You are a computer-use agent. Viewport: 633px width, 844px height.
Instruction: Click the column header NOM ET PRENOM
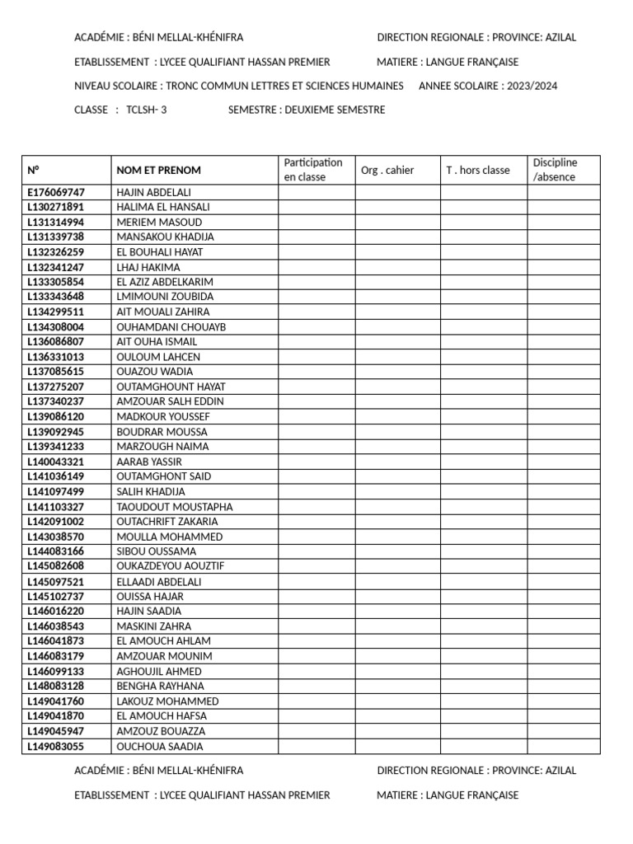click(x=158, y=171)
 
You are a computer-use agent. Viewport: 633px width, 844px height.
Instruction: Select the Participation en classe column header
click(x=312, y=170)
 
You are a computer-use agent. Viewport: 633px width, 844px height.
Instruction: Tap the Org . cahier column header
click(x=387, y=171)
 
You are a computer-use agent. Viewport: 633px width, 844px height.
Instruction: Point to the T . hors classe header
click(x=478, y=171)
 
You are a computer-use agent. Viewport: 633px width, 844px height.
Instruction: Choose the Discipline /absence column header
click(x=556, y=170)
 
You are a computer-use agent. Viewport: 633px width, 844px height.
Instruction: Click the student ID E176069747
click(x=56, y=192)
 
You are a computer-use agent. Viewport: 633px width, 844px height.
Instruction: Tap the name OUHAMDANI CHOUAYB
click(x=171, y=327)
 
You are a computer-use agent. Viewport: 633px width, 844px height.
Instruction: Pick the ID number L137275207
click(x=56, y=387)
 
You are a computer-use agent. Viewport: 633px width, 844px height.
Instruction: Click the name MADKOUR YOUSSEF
click(x=163, y=417)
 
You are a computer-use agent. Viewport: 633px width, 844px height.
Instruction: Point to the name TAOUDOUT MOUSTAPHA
click(x=175, y=507)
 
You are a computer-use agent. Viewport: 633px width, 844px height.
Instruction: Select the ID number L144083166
click(x=56, y=551)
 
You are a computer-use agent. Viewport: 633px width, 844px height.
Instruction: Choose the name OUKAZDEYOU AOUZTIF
click(x=171, y=566)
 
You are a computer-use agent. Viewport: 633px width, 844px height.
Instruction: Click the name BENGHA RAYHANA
click(x=160, y=686)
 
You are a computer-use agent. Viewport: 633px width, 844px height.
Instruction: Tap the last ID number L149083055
click(x=56, y=747)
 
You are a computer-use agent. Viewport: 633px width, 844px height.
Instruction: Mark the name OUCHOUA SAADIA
click(x=160, y=747)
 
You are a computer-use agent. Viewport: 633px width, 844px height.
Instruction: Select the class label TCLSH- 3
click(x=147, y=110)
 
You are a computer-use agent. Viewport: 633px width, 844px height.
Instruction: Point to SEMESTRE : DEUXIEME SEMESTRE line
click(x=307, y=110)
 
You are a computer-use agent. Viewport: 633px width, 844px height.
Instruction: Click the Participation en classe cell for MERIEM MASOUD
click(x=316, y=223)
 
